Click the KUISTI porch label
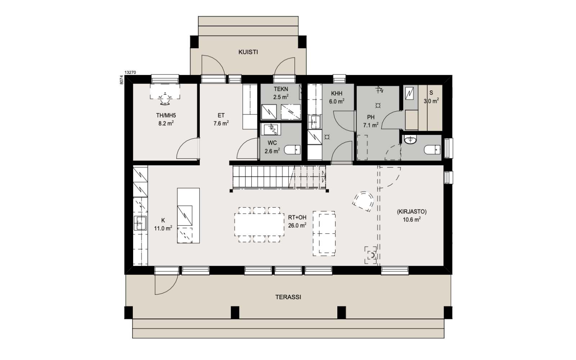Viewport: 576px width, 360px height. tap(248, 52)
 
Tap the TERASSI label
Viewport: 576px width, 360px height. tap(288, 297)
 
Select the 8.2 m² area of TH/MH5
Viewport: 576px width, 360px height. tap(166, 123)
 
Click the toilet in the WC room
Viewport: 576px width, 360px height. tap(292, 150)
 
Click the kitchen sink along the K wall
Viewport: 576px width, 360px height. tap(140, 223)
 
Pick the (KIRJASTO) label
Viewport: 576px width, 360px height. tap(412, 212)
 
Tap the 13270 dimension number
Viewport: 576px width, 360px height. tap(130, 72)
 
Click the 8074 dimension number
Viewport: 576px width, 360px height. tap(122, 80)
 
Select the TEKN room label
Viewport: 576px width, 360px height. tap(281, 89)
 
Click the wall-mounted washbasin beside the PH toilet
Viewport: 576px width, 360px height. tap(410, 140)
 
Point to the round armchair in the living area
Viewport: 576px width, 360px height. tap(363, 201)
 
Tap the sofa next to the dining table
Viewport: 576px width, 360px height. tap(324, 234)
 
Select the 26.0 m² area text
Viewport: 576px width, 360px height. tap(297, 225)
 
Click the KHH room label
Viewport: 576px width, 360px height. tap(337, 94)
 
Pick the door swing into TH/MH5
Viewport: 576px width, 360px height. tap(188, 149)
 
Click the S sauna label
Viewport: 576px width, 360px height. tap(431, 93)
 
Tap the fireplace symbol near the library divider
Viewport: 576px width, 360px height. tap(371, 255)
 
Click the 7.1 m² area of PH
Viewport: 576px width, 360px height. tap(371, 125)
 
